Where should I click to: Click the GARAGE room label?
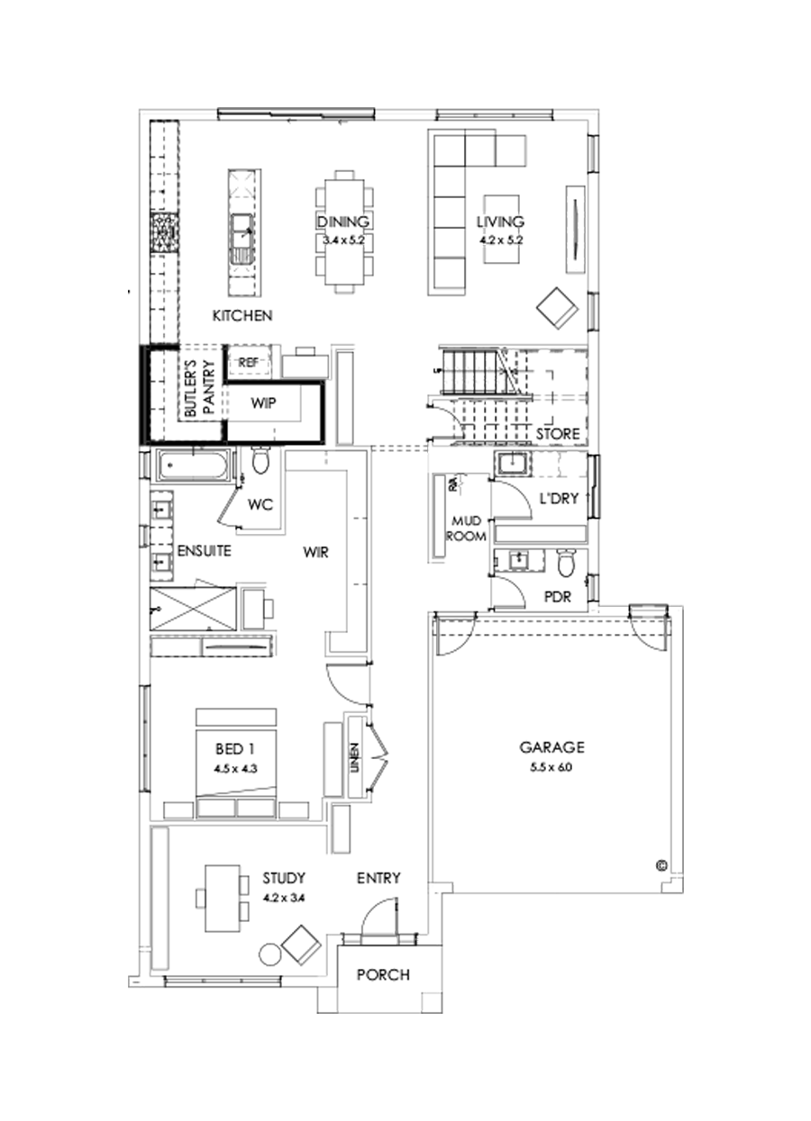coord(551,746)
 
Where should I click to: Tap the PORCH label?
coord(383,974)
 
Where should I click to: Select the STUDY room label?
coord(284,877)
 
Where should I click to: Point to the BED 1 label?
coord(233,748)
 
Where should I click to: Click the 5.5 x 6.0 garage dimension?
coord(551,767)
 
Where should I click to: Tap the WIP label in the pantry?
coord(263,404)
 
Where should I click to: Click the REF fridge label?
coord(248,362)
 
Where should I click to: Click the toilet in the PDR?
coord(566,565)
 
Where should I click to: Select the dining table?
coord(342,231)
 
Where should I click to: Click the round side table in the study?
coord(270,954)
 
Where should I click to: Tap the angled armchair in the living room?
coord(558,309)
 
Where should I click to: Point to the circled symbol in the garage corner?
coord(661,865)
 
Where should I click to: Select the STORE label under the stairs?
coord(558,434)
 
